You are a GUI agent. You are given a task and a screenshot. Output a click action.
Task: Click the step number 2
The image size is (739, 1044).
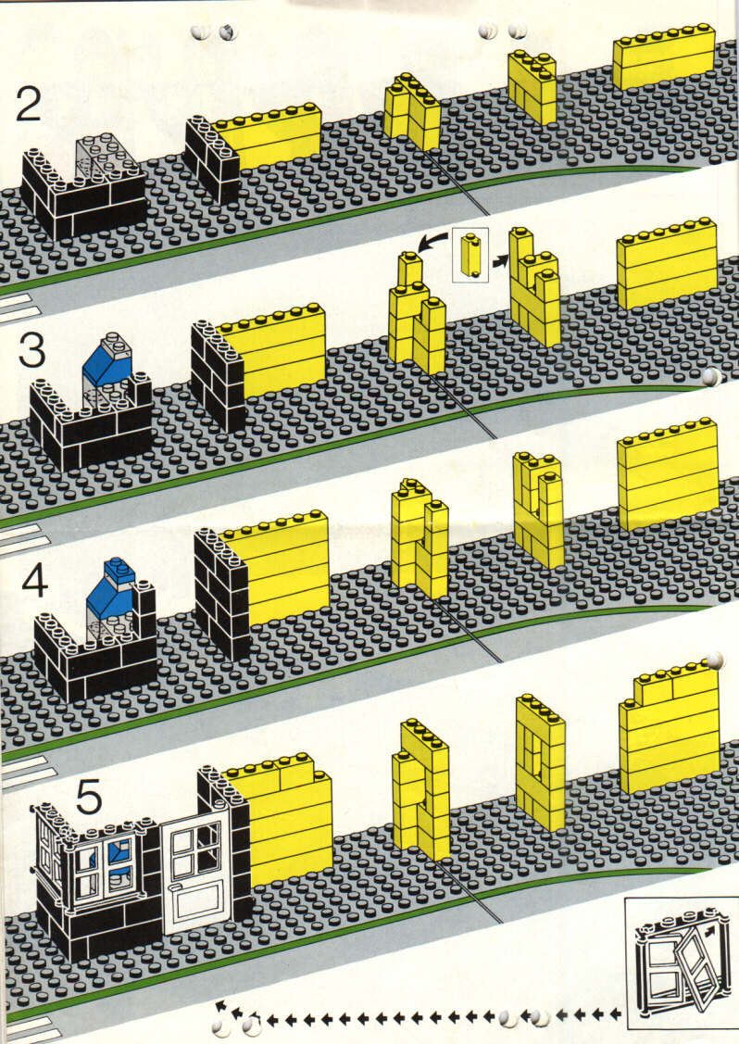[28, 105]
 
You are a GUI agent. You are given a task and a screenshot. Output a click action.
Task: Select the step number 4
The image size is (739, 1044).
[34, 581]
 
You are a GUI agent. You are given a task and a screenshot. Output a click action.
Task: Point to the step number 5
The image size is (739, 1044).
[89, 797]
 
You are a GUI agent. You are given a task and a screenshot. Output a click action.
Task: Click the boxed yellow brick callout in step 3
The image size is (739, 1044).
[470, 255]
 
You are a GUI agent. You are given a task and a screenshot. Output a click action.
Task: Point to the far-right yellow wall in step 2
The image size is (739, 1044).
[664, 57]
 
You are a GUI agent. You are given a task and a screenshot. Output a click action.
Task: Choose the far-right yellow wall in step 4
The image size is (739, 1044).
[669, 474]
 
